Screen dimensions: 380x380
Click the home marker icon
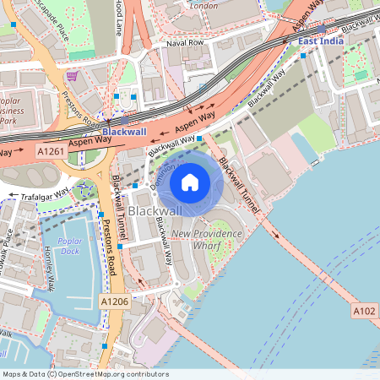point(190,182)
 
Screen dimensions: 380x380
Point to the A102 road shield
point(364,312)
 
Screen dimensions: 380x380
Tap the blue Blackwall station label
point(124,133)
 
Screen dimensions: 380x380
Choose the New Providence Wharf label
point(206,238)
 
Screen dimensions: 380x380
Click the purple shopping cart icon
point(73,76)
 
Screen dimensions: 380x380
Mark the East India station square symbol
point(303,56)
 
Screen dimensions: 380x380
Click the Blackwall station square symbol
point(124,121)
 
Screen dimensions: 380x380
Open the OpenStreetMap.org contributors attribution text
point(110,374)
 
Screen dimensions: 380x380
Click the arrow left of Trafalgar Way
point(12,197)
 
